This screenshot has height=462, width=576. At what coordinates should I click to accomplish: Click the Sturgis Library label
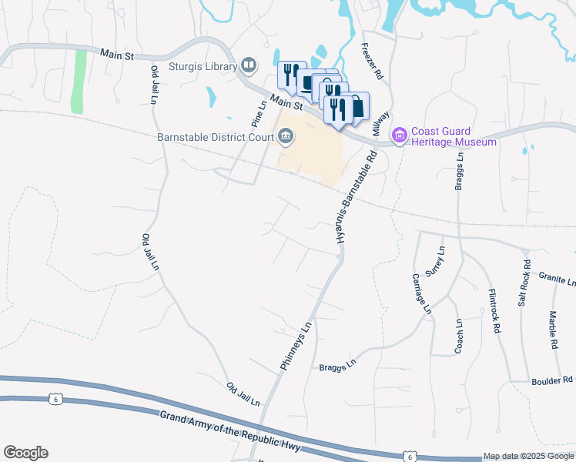click(x=204, y=66)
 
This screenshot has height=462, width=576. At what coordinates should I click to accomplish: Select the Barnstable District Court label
click(x=215, y=138)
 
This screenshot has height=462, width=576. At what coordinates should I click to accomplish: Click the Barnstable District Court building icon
click(x=286, y=138)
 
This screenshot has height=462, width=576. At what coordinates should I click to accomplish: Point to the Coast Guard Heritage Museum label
click(x=454, y=136)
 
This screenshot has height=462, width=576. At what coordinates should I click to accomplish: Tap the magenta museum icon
click(x=399, y=136)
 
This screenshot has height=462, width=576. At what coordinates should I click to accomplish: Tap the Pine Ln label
click(x=258, y=113)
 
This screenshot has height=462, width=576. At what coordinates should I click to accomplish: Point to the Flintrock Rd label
click(x=495, y=310)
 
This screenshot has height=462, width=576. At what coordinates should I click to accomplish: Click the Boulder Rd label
click(x=552, y=380)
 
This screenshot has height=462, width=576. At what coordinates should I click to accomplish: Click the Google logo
click(x=25, y=453)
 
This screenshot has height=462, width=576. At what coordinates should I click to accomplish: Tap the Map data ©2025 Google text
click(x=527, y=457)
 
